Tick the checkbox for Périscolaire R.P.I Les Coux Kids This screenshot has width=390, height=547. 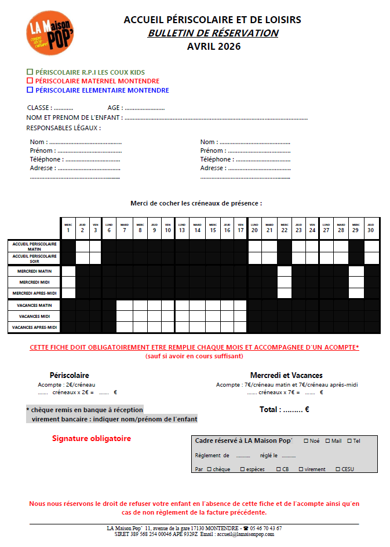point(30,72)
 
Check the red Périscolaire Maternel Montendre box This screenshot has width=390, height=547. point(30,81)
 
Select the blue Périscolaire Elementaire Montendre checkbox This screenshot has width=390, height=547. point(30,90)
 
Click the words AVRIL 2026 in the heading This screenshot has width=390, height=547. point(213,46)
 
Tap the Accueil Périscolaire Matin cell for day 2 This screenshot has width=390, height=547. point(82,245)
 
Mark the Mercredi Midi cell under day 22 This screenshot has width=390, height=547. point(284,282)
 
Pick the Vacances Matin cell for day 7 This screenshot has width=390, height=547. point(124,305)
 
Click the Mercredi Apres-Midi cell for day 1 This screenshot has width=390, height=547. point(68,293)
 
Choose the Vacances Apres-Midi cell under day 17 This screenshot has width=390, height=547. point(240,328)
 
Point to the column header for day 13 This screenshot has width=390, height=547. point(182,228)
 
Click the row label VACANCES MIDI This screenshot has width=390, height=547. point(35,317)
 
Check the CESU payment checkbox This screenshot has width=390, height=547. point(338,469)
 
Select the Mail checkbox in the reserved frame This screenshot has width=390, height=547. point(328,441)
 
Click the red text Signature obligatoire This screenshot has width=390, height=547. point(92,438)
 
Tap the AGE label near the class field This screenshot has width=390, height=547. point(114,108)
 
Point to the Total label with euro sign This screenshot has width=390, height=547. point(284,409)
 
